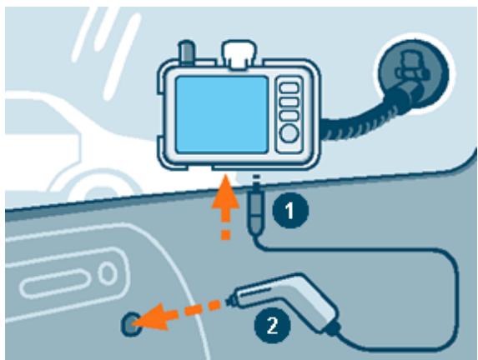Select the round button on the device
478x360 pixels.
289,133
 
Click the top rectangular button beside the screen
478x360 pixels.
289,87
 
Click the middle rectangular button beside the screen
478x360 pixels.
289,101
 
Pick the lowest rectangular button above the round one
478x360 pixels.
289,115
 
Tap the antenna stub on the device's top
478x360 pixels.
189,56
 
